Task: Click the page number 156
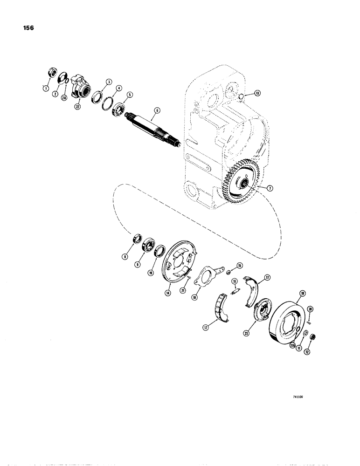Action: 27,27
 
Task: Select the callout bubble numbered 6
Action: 157,110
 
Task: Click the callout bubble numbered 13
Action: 258,93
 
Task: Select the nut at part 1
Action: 52,73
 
